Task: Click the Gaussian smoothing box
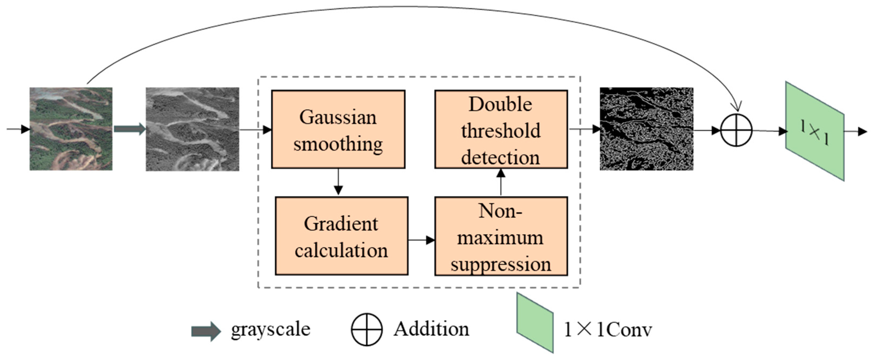click(338, 129)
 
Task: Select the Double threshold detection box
click(501, 129)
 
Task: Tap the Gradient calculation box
click(341, 236)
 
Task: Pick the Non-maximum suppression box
click(501, 236)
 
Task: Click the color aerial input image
click(71, 129)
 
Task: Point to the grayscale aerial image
click(192, 129)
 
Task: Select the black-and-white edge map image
click(646, 129)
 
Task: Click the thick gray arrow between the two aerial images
click(129, 129)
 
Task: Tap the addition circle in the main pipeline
click(736, 130)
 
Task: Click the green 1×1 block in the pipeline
click(815, 131)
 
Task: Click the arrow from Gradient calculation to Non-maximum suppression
click(421, 240)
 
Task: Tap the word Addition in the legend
click(431, 329)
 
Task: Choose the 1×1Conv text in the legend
click(607, 330)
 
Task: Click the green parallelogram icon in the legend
click(535, 323)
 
